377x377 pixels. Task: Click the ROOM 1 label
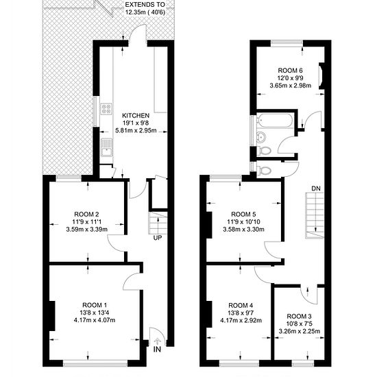pyautogui.click(x=95, y=304)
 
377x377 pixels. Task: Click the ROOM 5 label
pyautogui.click(x=243, y=213)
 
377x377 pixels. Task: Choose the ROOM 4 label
pyautogui.click(x=241, y=304)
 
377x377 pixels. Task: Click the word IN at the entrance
pyautogui.click(x=158, y=350)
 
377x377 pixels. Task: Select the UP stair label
pyautogui.click(x=158, y=239)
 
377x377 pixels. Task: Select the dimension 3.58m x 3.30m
pyautogui.click(x=243, y=230)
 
